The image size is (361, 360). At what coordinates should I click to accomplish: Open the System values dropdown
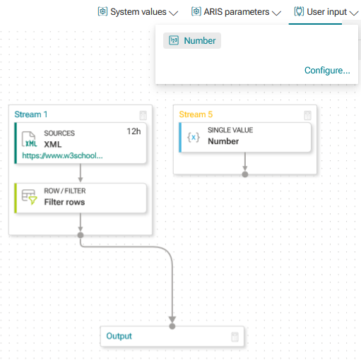(x=138, y=12)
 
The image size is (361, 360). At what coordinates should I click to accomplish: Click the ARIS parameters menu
(x=236, y=12)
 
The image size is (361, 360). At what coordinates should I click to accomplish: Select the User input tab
(x=326, y=12)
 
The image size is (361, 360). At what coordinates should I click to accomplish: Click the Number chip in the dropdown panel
(x=192, y=41)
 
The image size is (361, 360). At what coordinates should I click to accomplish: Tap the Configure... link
(x=327, y=70)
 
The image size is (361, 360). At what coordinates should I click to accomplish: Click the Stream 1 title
(x=31, y=114)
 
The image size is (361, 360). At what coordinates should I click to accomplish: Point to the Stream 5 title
(x=196, y=114)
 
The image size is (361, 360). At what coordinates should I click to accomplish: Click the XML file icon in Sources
(x=30, y=139)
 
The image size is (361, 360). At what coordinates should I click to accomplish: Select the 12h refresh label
(x=134, y=131)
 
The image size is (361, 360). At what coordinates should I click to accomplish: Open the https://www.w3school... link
(x=62, y=155)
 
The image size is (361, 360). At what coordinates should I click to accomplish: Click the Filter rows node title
(x=64, y=202)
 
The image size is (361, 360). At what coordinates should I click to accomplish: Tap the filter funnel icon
(x=33, y=200)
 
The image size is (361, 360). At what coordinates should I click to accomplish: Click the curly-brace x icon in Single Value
(x=194, y=137)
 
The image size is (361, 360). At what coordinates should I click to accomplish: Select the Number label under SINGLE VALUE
(x=223, y=141)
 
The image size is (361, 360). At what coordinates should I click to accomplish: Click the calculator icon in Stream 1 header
(x=143, y=115)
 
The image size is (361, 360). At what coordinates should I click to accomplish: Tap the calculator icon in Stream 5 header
(x=307, y=115)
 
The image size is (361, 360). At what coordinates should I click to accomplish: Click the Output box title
(x=119, y=336)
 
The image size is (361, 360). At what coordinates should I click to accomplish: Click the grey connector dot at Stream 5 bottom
(x=245, y=174)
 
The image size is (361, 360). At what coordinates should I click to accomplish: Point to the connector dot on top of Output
(x=172, y=326)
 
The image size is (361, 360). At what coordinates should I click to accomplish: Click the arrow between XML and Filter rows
(x=81, y=173)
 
